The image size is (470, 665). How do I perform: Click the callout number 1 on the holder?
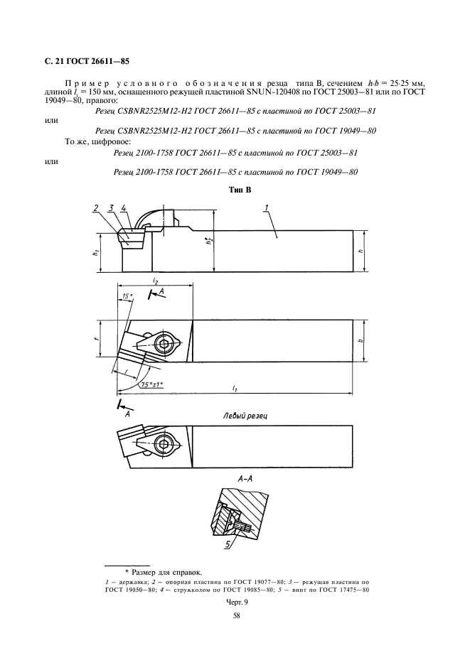point(265,207)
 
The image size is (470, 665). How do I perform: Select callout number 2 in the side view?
point(95,207)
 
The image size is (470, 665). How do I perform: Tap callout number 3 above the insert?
point(111,207)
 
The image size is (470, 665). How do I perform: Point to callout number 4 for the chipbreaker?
point(124,207)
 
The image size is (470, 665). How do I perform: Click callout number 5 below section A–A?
point(228,545)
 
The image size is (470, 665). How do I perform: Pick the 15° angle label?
point(127,296)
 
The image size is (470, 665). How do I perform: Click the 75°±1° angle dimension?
point(151,384)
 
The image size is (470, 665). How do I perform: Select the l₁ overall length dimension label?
point(234,389)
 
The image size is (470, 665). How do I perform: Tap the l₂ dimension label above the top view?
point(155,281)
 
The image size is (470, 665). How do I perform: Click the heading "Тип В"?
point(235,190)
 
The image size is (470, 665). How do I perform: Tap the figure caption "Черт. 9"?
point(235,600)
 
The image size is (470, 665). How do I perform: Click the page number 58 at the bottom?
point(235,616)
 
